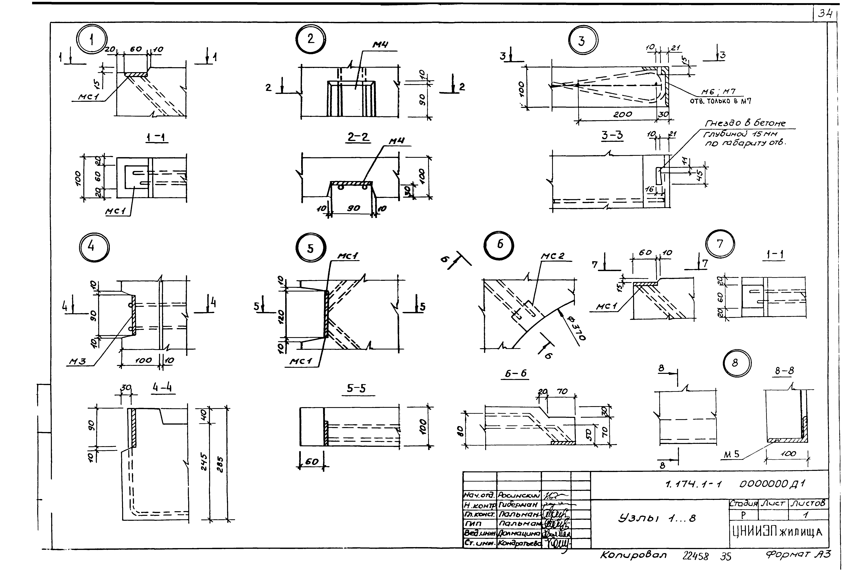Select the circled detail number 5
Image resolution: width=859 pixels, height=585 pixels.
311,248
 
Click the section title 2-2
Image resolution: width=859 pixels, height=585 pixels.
358,137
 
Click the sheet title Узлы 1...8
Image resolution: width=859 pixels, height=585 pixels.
656,518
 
